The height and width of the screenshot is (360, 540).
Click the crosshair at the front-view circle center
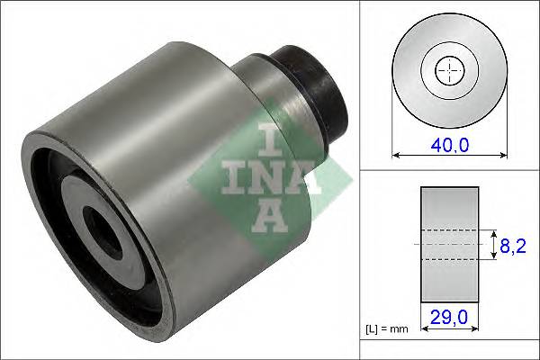[447, 69]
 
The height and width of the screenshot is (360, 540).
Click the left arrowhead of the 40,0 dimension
[397, 156]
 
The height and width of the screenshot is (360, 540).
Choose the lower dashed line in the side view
[450, 259]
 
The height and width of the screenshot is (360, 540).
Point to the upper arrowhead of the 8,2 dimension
[492, 232]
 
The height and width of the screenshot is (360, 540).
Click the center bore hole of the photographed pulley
[101, 231]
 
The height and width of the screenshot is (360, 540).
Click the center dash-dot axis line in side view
[450, 244]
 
